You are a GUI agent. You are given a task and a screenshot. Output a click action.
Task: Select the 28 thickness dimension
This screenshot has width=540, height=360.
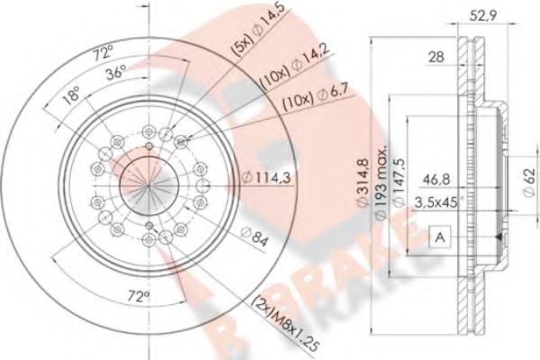[436, 58]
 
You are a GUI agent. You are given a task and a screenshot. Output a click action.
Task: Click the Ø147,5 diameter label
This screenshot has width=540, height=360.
[402, 184]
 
